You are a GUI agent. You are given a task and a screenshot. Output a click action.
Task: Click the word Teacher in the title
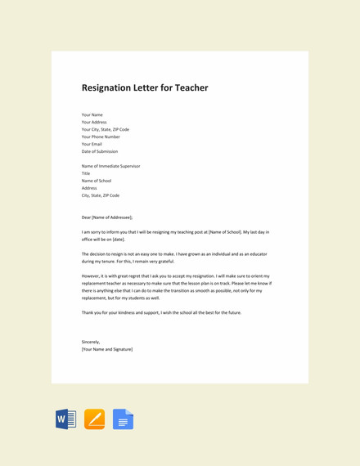click(x=190, y=87)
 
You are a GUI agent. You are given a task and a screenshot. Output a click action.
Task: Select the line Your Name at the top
click(x=92, y=114)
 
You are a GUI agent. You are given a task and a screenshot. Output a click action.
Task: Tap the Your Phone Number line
click(x=101, y=137)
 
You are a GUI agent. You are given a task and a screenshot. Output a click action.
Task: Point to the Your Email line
click(x=92, y=144)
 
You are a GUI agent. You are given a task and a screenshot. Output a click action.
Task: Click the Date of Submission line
click(x=100, y=151)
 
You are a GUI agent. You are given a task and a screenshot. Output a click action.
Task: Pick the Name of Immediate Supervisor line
click(x=110, y=166)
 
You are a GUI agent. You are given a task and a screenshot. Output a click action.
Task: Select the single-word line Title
click(x=86, y=173)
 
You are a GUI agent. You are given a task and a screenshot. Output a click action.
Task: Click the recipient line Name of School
click(x=97, y=181)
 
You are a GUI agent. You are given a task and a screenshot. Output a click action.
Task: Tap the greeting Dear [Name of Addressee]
click(x=107, y=217)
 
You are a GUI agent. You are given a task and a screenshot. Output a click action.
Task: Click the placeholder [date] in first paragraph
click(x=119, y=240)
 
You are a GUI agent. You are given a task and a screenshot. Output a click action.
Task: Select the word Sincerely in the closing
click(x=90, y=342)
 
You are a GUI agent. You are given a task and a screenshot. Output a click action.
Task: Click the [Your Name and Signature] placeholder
click(x=107, y=349)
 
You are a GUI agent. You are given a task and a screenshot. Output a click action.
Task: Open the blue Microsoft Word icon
click(x=65, y=419)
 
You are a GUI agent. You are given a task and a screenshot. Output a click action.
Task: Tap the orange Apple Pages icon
click(x=94, y=419)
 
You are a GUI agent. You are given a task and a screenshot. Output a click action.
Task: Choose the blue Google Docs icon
click(x=123, y=419)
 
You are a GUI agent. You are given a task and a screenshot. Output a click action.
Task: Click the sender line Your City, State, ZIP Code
click(x=105, y=129)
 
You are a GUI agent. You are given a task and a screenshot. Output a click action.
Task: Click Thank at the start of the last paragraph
click(x=88, y=312)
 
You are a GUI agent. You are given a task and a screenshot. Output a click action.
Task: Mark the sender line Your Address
click(x=94, y=122)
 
